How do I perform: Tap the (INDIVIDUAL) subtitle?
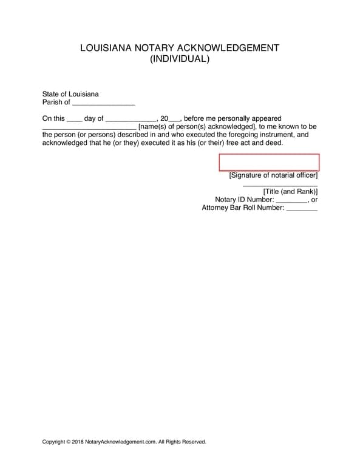[x=180, y=59]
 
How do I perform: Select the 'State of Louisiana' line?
[x=70, y=94]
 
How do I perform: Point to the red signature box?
[x=268, y=163]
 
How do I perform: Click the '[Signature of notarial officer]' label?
[x=273, y=175]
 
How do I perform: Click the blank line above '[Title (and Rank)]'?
[x=280, y=184]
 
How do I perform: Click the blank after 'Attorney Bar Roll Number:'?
[x=301, y=209]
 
